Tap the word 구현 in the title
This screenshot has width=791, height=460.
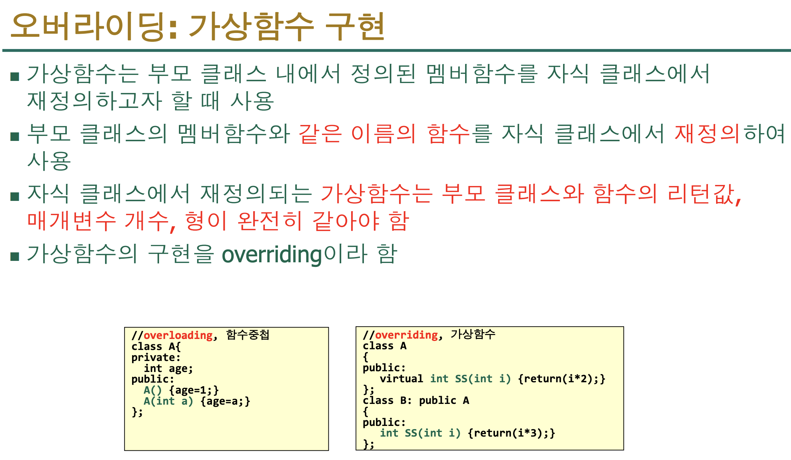pyautogui.click(x=355, y=27)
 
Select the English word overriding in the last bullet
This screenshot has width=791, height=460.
pyautogui.click(x=272, y=255)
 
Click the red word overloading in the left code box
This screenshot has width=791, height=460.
pyautogui.click(x=178, y=335)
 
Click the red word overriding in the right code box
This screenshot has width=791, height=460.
pyautogui.click(x=406, y=335)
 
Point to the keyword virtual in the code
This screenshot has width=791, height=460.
pyautogui.click(x=401, y=379)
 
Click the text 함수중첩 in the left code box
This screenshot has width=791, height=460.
pyautogui.click(x=248, y=335)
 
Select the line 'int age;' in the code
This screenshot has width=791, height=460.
pyautogui.click(x=168, y=368)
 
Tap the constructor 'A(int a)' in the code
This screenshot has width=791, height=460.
pyautogui.click(x=168, y=401)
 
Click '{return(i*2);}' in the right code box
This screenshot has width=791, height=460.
pyautogui.click(x=562, y=379)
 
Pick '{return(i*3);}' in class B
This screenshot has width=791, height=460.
pyautogui.click(x=511, y=433)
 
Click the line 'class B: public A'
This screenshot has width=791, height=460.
pyautogui.click(x=416, y=400)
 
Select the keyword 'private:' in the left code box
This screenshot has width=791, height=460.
pyautogui.click(x=156, y=357)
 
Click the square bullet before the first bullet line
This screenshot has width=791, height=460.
pyautogui.click(x=15, y=76)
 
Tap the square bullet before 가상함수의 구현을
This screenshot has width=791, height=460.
pyautogui.click(x=15, y=256)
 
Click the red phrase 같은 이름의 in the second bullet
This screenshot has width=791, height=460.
pyautogui.click(x=357, y=134)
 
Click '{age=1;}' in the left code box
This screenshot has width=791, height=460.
pyautogui.click(x=194, y=390)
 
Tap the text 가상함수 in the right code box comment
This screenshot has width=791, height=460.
pyautogui.click(x=473, y=334)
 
